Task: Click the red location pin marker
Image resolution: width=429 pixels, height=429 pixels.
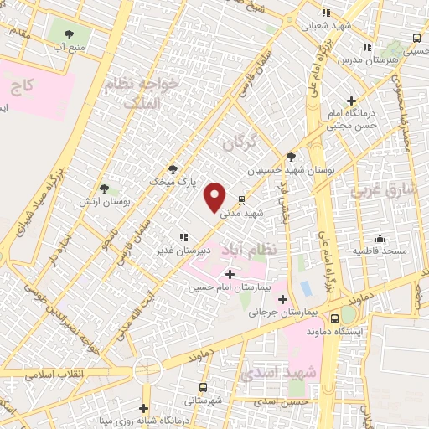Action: point(216,196)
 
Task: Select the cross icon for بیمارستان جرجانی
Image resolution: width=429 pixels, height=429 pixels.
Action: point(282,299)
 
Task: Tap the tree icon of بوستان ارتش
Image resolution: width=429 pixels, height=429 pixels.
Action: point(104,189)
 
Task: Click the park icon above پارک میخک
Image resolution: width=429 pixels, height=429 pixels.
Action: point(173,168)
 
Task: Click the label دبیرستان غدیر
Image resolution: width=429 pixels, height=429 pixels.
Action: point(176,251)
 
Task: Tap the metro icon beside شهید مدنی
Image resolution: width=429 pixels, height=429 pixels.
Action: point(241,200)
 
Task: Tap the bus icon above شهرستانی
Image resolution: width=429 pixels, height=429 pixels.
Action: point(204,388)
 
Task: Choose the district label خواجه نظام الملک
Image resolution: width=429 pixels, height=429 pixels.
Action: point(142,92)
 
